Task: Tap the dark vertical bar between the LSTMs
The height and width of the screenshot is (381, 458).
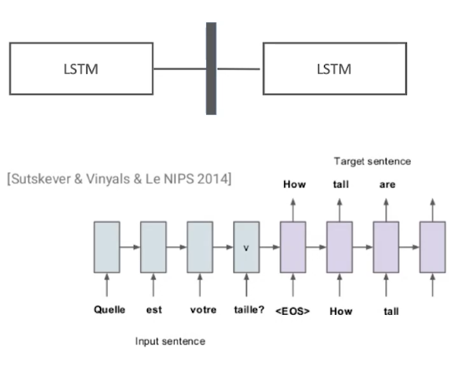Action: [211, 68]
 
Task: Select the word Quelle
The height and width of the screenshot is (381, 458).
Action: [109, 309]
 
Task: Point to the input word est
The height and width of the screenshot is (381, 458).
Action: [154, 309]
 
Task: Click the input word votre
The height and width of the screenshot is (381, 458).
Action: [203, 309]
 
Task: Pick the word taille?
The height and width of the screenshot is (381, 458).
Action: [249, 309]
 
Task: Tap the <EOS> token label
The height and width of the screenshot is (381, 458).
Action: [293, 311]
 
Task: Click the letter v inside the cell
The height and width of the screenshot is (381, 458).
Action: [246, 248]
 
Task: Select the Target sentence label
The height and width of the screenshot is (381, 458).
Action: [372, 161]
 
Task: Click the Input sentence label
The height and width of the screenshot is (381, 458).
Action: [170, 342]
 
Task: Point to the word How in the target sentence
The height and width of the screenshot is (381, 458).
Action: [294, 184]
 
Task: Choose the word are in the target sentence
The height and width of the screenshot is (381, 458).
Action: [387, 185]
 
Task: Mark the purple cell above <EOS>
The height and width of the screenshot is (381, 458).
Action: [293, 247]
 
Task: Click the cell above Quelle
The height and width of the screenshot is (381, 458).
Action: [107, 247]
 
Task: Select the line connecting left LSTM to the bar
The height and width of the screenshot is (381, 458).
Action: [180, 69]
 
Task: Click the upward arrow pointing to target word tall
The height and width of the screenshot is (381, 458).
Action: [339, 209]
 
